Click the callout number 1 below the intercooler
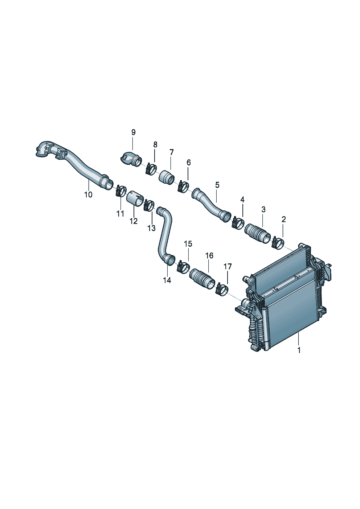pos(299,356)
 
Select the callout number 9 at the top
pos(133,132)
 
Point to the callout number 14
pos(167,280)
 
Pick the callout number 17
pos(228,266)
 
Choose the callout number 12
pos(134,221)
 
